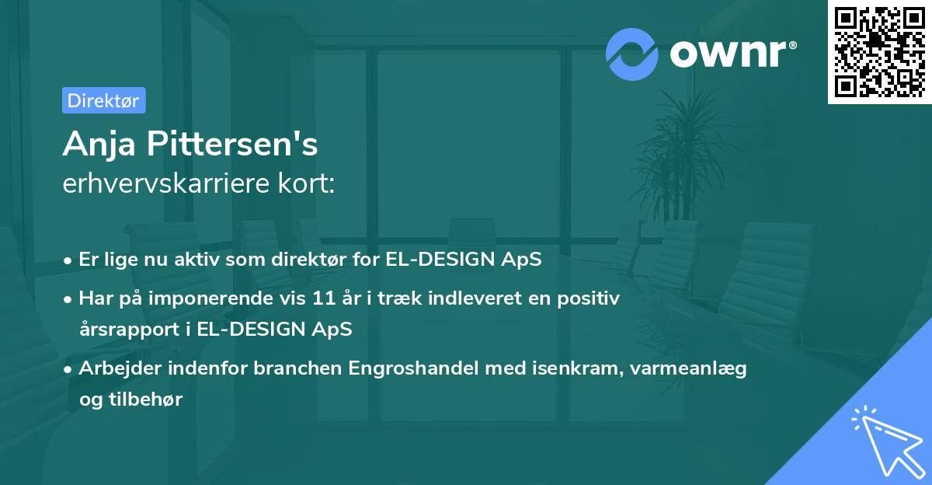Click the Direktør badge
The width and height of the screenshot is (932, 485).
103,100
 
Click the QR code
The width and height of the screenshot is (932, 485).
879,51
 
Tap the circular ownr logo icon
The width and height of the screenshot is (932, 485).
633,54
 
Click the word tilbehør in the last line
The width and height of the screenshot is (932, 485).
148,400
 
